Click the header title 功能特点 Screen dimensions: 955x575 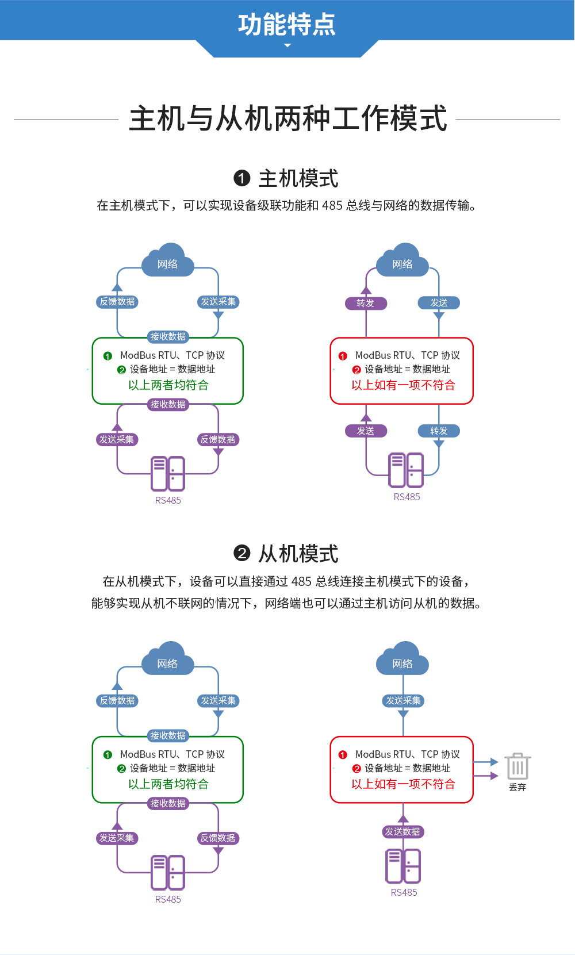[287, 24]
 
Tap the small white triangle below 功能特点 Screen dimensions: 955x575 [287, 45]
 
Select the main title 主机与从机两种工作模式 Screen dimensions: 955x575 [287, 119]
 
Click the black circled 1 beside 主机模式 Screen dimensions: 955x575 [242, 178]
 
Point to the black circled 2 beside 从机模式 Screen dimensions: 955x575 [242, 554]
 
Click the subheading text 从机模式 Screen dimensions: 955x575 [298, 554]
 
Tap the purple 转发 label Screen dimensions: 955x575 [366, 303]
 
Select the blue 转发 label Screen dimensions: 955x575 [439, 431]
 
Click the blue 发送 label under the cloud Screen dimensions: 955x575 [439, 302]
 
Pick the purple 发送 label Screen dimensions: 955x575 [366, 431]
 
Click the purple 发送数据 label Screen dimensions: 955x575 [402, 831]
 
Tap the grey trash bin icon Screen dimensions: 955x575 [517, 766]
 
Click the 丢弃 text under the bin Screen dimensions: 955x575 [517, 787]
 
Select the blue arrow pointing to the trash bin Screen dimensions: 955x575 [486, 762]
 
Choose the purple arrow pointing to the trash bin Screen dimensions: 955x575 [486, 776]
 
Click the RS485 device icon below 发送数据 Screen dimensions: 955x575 [403, 866]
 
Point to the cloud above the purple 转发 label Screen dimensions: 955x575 [402, 261]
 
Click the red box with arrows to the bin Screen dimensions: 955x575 [401, 769]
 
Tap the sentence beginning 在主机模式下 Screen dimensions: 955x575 [287, 205]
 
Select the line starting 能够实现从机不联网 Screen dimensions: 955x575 [287, 603]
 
